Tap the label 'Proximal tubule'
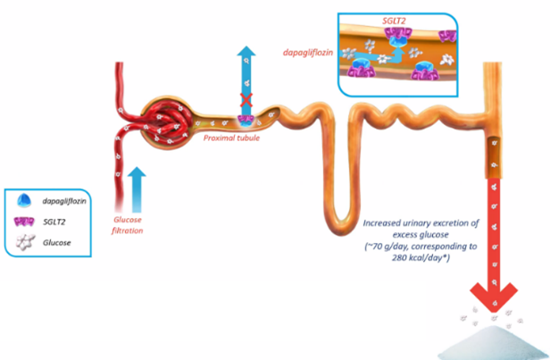229,138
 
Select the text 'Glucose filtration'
128,223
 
